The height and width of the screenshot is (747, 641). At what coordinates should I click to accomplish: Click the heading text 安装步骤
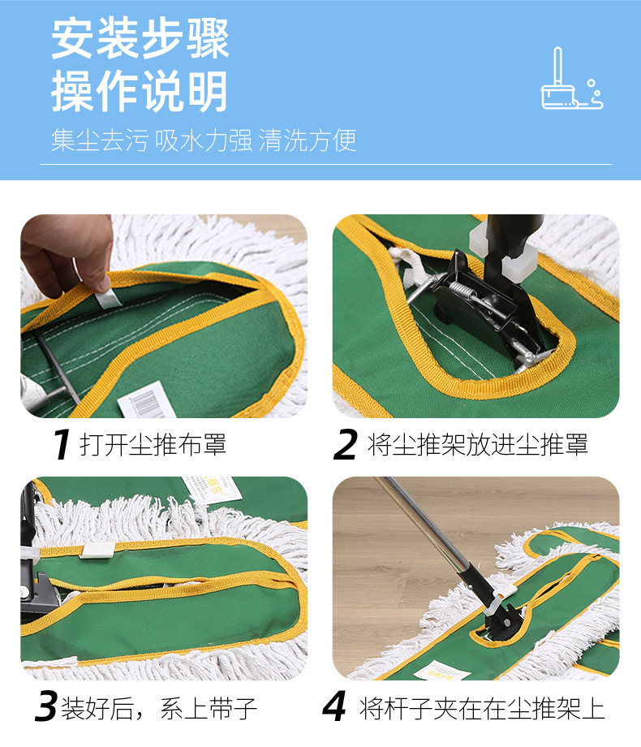click(140, 38)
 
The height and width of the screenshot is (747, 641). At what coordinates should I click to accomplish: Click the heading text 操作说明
click(140, 91)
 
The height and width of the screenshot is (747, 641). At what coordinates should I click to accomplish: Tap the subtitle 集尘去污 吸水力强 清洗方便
click(204, 140)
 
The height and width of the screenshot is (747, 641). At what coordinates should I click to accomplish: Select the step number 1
click(60, 445)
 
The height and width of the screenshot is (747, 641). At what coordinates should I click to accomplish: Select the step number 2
click(346, 445)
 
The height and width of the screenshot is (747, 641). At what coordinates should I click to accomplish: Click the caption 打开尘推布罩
click(153, 445)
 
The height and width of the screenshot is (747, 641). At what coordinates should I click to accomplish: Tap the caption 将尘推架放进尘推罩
click(478, 445)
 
